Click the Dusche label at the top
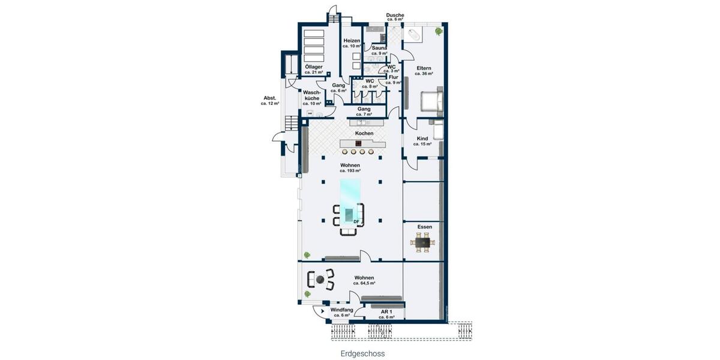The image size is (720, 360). pos(395,15)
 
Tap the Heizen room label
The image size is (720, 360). pos(352,41)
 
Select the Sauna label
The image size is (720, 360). pos(379,48)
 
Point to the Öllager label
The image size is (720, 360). pos(313,67)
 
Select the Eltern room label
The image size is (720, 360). pos(424,69)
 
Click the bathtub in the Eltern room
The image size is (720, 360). pos(414,34)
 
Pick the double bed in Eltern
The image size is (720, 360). pos(433,100)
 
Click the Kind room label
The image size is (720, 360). pos(422,139)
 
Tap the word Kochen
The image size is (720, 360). pos(364,133)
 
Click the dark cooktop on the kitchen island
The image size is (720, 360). pos(358,143)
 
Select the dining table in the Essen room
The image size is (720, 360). pos(424,243)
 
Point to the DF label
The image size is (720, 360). pos(356,222)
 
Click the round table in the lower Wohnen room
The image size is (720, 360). pos(321,280)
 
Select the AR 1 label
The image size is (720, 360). pos(386,312)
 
